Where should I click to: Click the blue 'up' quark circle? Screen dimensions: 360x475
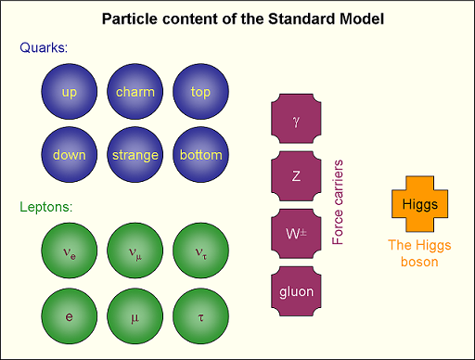[70, 92]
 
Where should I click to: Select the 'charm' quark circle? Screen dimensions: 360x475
[135, 92]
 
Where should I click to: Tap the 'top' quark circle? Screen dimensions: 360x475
[201, 92]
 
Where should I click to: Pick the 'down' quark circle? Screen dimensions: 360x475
[70, 155]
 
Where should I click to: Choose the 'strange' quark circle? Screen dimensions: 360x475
[135, 155]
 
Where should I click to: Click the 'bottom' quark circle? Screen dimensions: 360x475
[201, 155]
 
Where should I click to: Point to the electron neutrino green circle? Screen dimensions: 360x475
[70, 251]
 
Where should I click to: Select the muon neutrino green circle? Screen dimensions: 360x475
[135, 251]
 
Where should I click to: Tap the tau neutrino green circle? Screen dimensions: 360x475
[201, 251]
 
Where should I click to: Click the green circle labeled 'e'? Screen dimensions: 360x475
[70, 316]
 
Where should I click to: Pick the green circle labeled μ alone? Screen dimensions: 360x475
[135, 316]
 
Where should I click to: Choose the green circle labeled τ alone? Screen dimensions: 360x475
[201, 316]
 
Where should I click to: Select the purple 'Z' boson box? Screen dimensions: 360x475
[296, 176]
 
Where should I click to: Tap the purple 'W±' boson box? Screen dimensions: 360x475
[296, 234]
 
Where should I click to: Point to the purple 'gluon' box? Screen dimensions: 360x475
[296, 291]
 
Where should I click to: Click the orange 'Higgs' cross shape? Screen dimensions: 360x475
[420, 203]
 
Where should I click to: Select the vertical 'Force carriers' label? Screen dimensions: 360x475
[339, 202]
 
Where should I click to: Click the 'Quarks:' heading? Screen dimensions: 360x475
[44, 48]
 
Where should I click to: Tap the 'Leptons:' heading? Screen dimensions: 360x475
[46, 205]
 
